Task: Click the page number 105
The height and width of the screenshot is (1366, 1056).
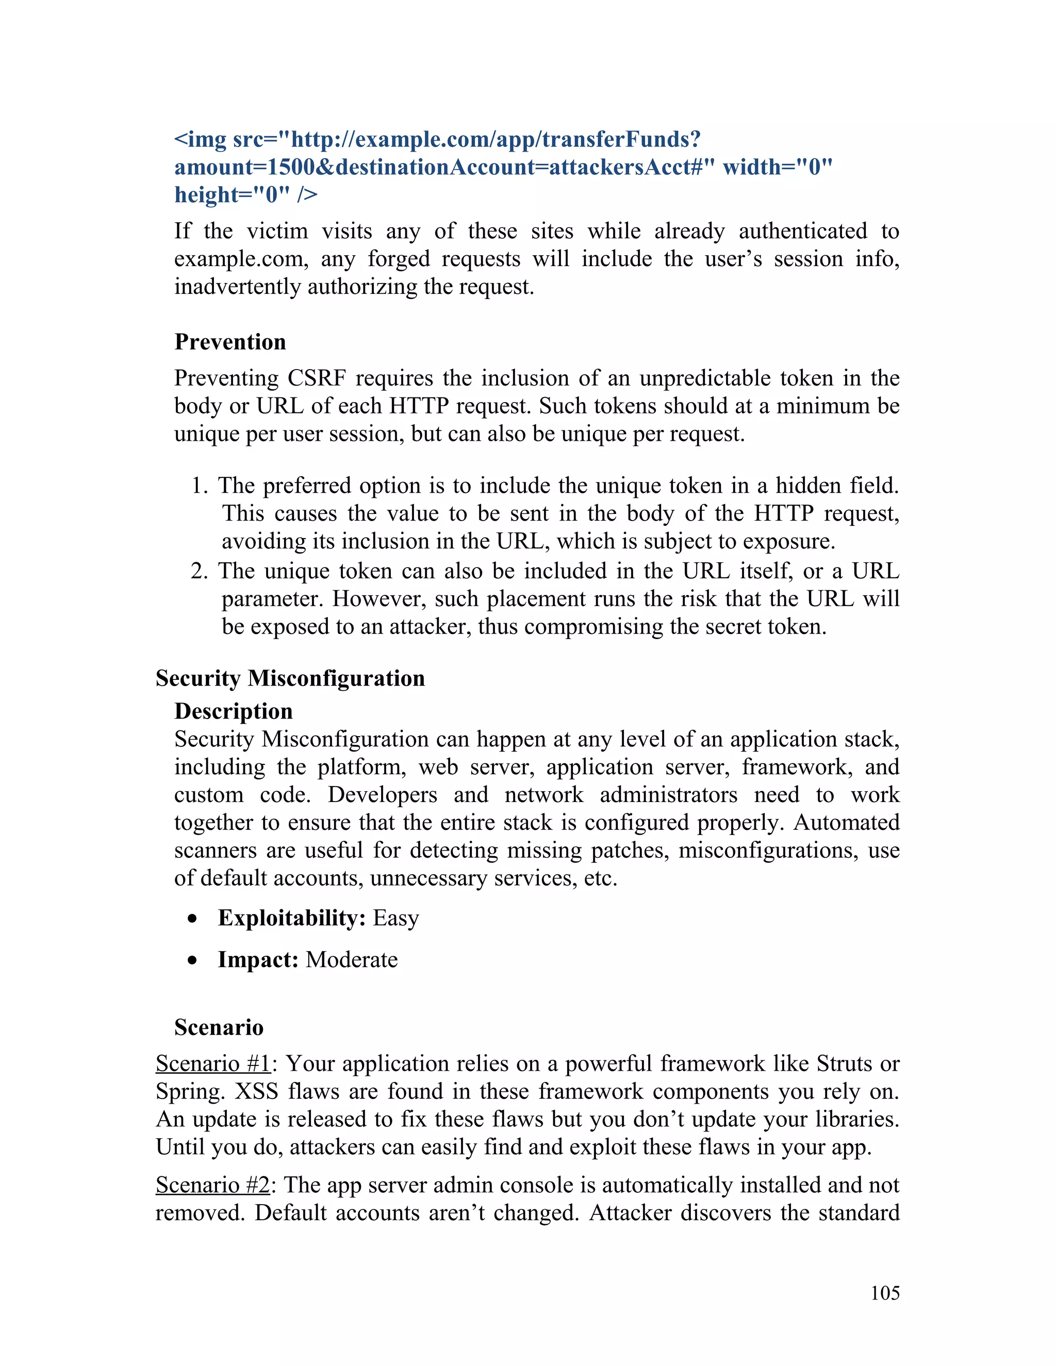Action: coord(885,1293)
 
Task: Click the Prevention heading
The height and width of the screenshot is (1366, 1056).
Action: coord(229,342)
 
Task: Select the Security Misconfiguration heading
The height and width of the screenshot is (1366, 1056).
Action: coord(290,678)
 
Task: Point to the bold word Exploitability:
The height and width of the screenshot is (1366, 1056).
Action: coord(291,918)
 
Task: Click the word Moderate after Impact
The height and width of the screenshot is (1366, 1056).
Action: coord(352,959)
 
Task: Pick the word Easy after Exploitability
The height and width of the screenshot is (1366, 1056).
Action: coord(396,918)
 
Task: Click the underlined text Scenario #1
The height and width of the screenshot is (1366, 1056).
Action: coord(213,1063)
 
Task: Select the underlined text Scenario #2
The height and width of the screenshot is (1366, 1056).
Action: coord(213,1185)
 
